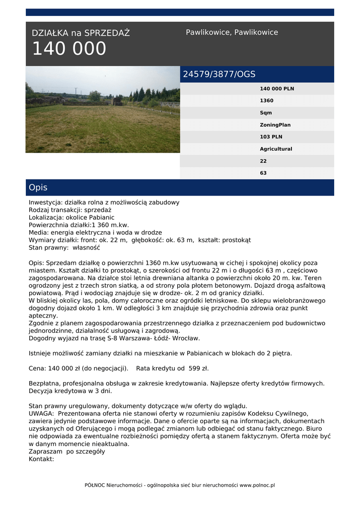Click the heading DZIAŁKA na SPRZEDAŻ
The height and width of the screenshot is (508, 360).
[80, 33]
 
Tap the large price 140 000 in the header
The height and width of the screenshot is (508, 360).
[69, 49]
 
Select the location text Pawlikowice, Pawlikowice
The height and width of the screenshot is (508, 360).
[232, 32]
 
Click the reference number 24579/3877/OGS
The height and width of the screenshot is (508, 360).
[219, 74]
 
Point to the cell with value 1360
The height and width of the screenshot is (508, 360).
[267, 101]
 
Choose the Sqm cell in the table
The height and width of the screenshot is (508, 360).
[266, 113]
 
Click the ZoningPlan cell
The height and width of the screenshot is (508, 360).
[275, 125]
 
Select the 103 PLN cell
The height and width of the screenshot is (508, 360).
[271, 137]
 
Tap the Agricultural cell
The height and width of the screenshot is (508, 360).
[276, 149]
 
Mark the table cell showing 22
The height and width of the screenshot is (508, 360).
[263, 161]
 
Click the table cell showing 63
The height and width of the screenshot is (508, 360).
[263, 173]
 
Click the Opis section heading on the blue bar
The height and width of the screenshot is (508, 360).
[38, 188]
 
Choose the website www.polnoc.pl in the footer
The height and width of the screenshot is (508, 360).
[257, 485]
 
